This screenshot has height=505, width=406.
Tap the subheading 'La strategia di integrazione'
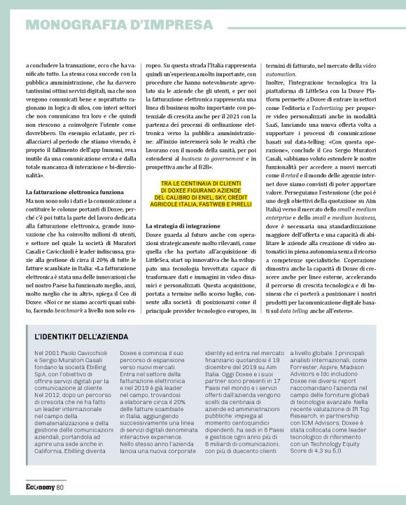coord(183,227)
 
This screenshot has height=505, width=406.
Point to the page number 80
coord(60,487)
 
